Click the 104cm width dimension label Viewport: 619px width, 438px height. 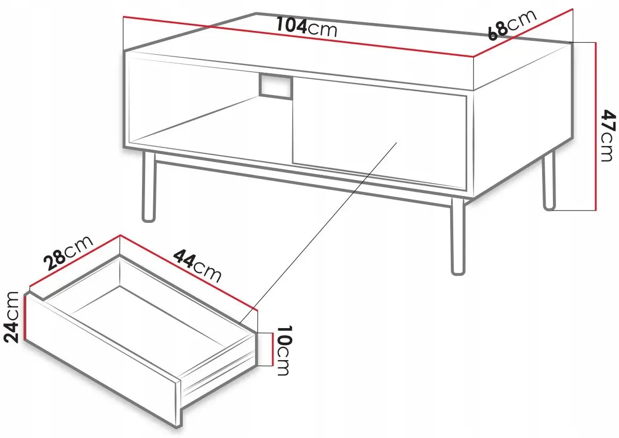point(306,27)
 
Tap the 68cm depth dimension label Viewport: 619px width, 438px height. point(512,24)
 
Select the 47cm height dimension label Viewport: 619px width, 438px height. point(606,135)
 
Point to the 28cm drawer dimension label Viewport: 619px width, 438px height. point(68,253)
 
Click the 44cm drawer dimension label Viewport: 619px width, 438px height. point(197,265)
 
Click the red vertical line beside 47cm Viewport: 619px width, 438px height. point(595,126)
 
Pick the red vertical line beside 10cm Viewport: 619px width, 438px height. point(272,349)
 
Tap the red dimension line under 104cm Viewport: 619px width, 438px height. point(298,37)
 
